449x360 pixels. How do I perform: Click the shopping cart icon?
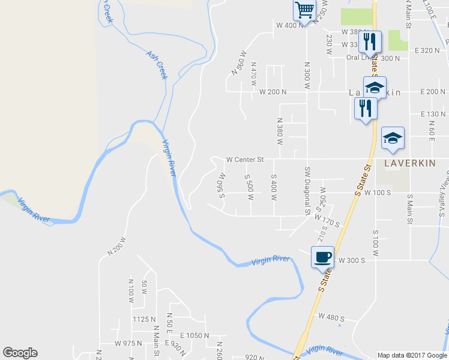point(305,10)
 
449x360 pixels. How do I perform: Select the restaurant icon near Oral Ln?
point(369,41)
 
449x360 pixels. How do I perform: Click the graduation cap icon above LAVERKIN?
point(393,138)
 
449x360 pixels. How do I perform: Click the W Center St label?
point(245,160)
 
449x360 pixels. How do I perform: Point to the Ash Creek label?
point(156,65)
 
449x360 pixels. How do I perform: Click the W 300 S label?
point(352,261)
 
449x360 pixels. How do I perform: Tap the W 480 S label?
point(331,317)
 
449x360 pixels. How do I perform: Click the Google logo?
point(20,353)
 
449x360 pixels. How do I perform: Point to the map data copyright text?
point(412,355)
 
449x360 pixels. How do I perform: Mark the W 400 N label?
point(290,25)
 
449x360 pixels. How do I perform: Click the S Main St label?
point(411,208)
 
